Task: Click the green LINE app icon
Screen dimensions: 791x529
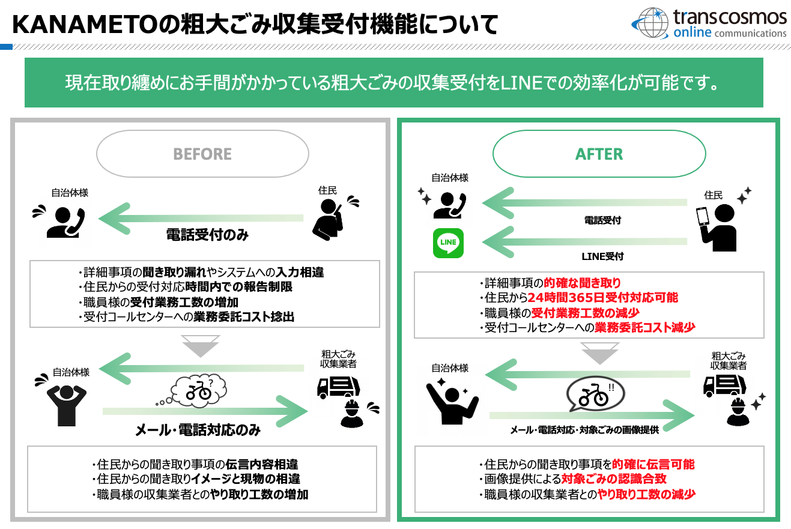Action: click(448, 243)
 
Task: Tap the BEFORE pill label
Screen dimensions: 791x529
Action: click(202, 154)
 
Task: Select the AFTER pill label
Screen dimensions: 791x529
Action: click(599, 154)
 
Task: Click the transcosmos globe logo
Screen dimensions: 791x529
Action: click(650, 23)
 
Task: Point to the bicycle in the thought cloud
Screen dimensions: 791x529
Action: click(199, 390)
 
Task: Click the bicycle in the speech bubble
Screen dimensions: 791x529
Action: click(593, 395)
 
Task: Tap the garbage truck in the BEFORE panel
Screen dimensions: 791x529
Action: click(338, 387)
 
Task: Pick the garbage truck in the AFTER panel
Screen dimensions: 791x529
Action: click(724, 385)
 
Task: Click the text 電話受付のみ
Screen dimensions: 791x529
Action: click(207, 235)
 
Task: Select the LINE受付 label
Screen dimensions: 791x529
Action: click(602, 256)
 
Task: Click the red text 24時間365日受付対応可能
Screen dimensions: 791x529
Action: click(602, 298)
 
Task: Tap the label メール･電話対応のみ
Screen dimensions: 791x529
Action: click(198, 430)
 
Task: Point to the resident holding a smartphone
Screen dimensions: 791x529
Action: click(717, 228)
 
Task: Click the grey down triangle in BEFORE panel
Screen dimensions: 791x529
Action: click(201, 346)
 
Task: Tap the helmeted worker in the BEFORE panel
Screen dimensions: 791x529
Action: click(352, 414)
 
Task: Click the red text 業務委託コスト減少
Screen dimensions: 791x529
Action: click(645, 328)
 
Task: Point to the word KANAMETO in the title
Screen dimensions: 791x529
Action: click(85, 25)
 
